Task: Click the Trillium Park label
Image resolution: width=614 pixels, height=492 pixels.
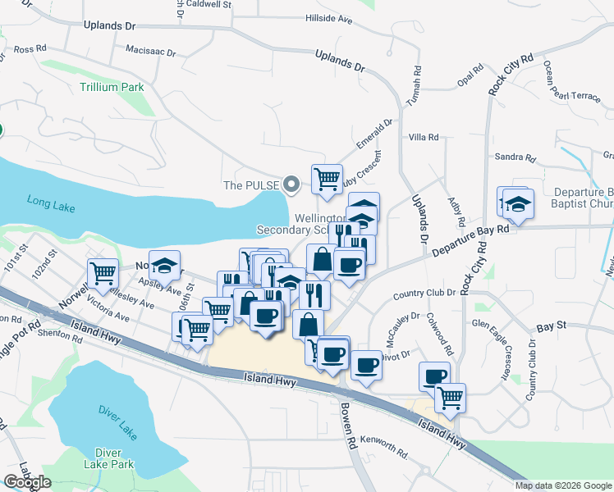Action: click(112, 87)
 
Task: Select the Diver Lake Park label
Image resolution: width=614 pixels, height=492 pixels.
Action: click(113, 458)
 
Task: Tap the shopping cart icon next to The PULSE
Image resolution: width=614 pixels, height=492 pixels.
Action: click(327, 178)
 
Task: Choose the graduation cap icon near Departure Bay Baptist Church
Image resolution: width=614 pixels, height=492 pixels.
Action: click(518, 203)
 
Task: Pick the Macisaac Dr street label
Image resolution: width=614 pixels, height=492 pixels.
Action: click(150, 51)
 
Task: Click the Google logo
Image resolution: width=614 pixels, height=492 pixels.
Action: click(27, 483)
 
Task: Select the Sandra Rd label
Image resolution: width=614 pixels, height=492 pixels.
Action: click(514, 157)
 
